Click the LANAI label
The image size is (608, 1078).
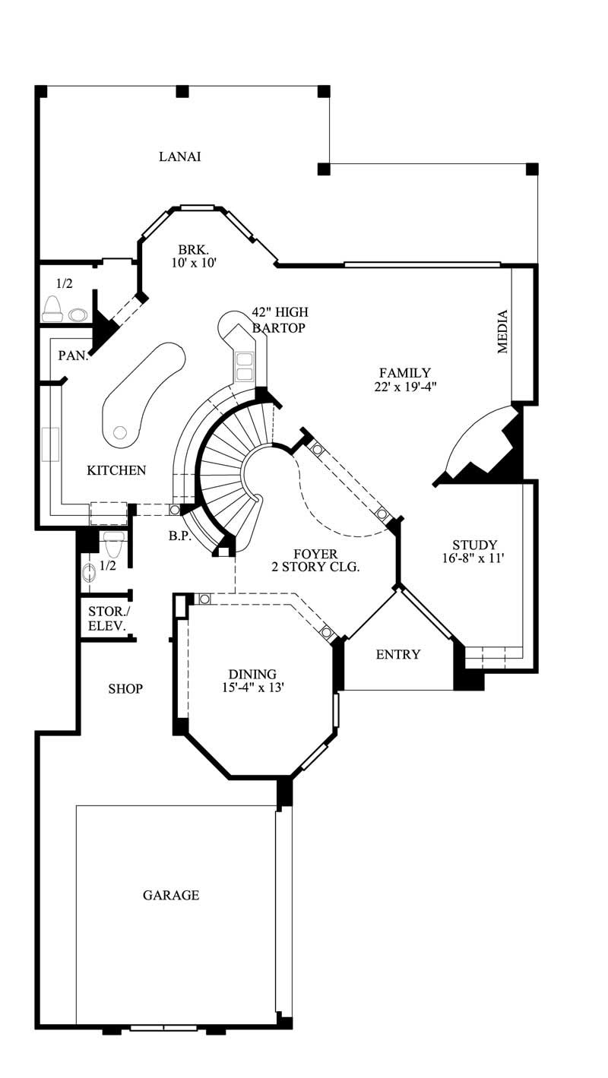pyautogui.click(x=180, y=157)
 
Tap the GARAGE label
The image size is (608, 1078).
pyautogui.click(x=171, y=895)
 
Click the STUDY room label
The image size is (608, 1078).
pyautogui.click(x=474, y=545)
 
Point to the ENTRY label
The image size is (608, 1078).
pyautogui.click(x=398, y=654)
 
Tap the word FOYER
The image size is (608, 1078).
pyautogui.click(x=315, y=554)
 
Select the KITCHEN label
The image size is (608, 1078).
pyautogui.click(x=116, y=470)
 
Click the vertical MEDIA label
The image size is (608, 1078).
pyautogui.click(x=502, y=332)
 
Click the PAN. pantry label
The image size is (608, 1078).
pyautogui.click(x=74, y=355)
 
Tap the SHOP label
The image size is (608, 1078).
pyautogui.click(x=125, y=689)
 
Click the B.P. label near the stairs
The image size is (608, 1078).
pyautogui.click(x=179, y=535)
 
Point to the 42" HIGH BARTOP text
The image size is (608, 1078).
pyautogui.click(x=280, y=320)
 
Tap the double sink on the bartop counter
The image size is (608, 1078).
pyautogui.click(x=245, y=366)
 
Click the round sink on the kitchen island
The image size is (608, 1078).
pyautogui.click(x=119, y=432)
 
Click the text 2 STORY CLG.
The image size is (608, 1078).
pyautogui.click(x=315, y=567)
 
